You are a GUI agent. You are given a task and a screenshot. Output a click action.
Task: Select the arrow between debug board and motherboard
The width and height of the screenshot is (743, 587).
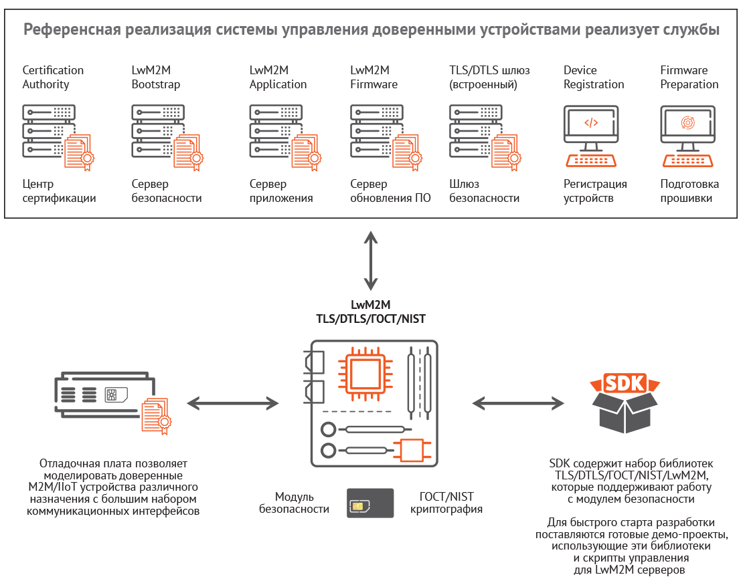[x=232, y=403]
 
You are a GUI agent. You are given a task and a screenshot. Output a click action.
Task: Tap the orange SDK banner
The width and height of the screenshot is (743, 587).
[x=624, y=384]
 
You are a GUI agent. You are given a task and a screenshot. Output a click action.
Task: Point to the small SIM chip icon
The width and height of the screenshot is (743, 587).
[x=359, y=506]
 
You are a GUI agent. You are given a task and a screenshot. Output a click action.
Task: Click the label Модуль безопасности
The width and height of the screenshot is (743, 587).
[x=295, y=503]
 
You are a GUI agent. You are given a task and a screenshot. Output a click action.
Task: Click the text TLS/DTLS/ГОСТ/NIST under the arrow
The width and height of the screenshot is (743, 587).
[x=370, y=319]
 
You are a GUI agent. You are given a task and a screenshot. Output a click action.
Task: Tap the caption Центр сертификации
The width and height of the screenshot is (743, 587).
[x=59, y=191]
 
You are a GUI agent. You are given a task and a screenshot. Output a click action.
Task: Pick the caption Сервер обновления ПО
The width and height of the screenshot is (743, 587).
[x=390, y=191]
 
